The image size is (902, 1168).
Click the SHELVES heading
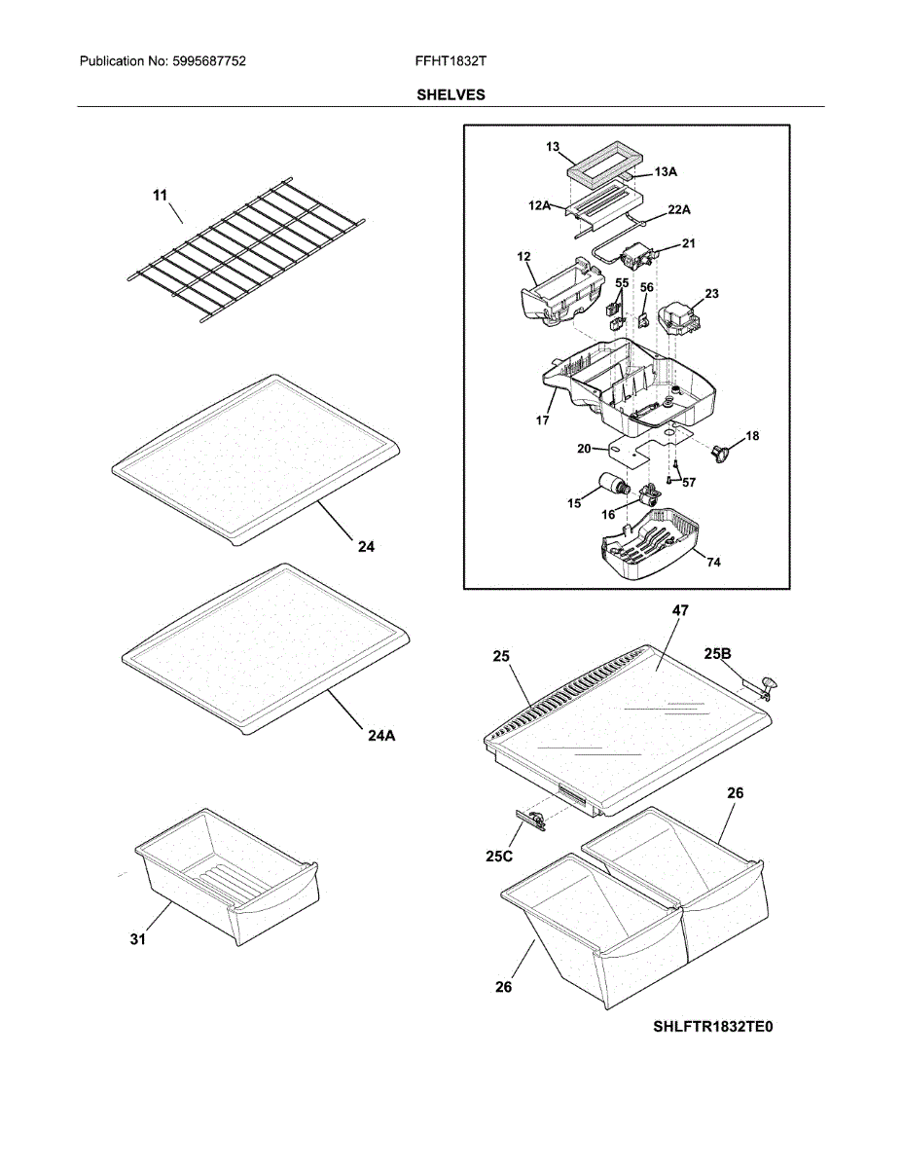[451, 94]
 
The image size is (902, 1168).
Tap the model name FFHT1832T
[451, 61]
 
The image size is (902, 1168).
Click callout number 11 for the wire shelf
[160, 196]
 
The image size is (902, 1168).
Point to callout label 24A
[381, 736]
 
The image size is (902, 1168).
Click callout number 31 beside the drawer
[138, 939]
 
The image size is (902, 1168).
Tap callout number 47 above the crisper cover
[680, 610]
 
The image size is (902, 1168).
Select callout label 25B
[720, 654]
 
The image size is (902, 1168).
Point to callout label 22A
[680, 209]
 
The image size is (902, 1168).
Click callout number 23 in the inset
[711, 293]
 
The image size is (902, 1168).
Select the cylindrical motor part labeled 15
[612, 484]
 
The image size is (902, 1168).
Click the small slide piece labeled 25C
[529, 820]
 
